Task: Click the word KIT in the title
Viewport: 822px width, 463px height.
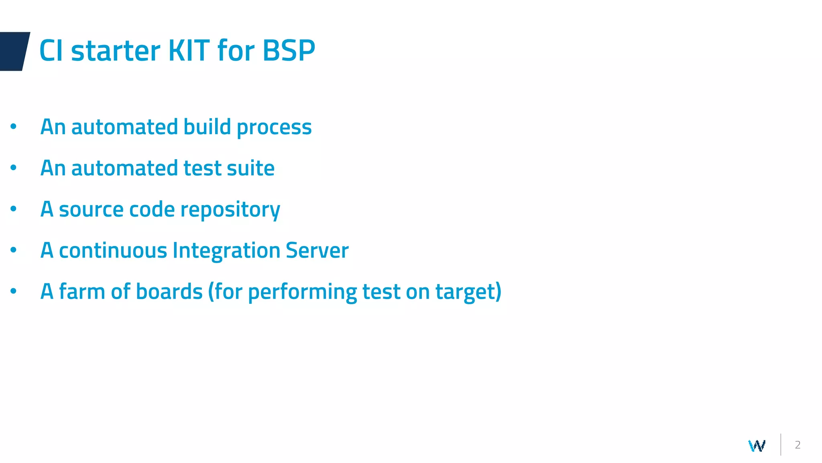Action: click(189, 51)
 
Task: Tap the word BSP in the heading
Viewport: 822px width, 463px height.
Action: click(289, 51)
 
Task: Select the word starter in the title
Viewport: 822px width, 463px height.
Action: click(116, 51)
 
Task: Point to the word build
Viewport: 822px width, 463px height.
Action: click(207, 127)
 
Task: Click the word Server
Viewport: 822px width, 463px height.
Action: click(317, 251)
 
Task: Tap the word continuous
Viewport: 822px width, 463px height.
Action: click(113, 251)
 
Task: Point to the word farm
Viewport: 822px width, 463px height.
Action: click(82, 291)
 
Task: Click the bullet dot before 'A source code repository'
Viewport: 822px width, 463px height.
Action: click(13, 209)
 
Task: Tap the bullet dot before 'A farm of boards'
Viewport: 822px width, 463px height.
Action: click(13, 291)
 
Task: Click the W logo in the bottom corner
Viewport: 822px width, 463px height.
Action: click(757, 445)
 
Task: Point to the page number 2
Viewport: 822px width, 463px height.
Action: click(798, 445)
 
